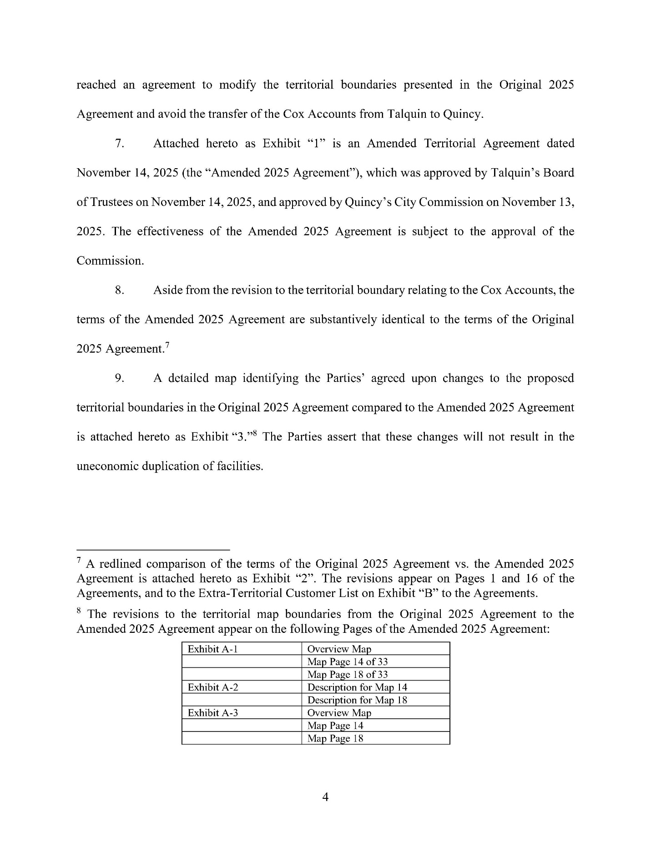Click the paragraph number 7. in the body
(120, 144)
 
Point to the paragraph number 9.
(120, 378)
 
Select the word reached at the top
(96, 85)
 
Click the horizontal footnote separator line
(153, 549)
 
